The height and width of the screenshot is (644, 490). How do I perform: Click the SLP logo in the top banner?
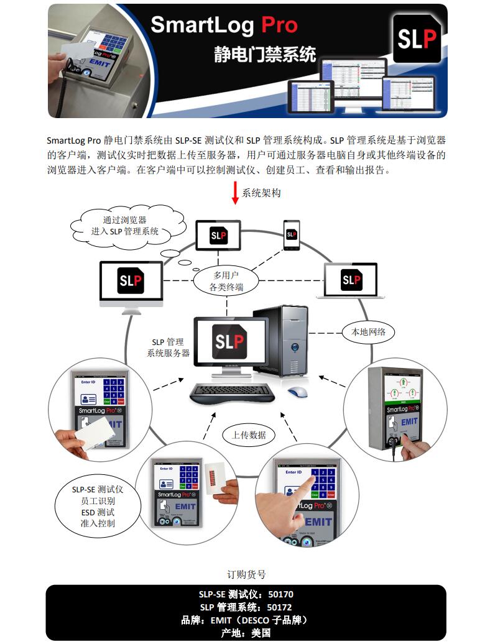point(417,39)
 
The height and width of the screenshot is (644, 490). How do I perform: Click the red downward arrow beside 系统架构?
point(235,193)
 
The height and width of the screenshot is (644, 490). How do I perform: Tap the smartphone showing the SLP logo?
point(291,234)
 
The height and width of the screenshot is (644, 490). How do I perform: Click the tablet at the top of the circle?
point(218,236)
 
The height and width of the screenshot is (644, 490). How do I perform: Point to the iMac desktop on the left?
point(131,283)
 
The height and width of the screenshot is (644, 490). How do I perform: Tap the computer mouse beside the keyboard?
point(297,392)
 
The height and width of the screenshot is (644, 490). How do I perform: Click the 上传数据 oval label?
point(249,435)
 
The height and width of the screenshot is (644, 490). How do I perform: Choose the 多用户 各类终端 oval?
point(226,280)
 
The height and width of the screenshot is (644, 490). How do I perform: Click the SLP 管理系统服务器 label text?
point(168,347)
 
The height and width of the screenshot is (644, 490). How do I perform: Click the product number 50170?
point(280,594)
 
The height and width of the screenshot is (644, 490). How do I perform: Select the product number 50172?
point(280,607)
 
